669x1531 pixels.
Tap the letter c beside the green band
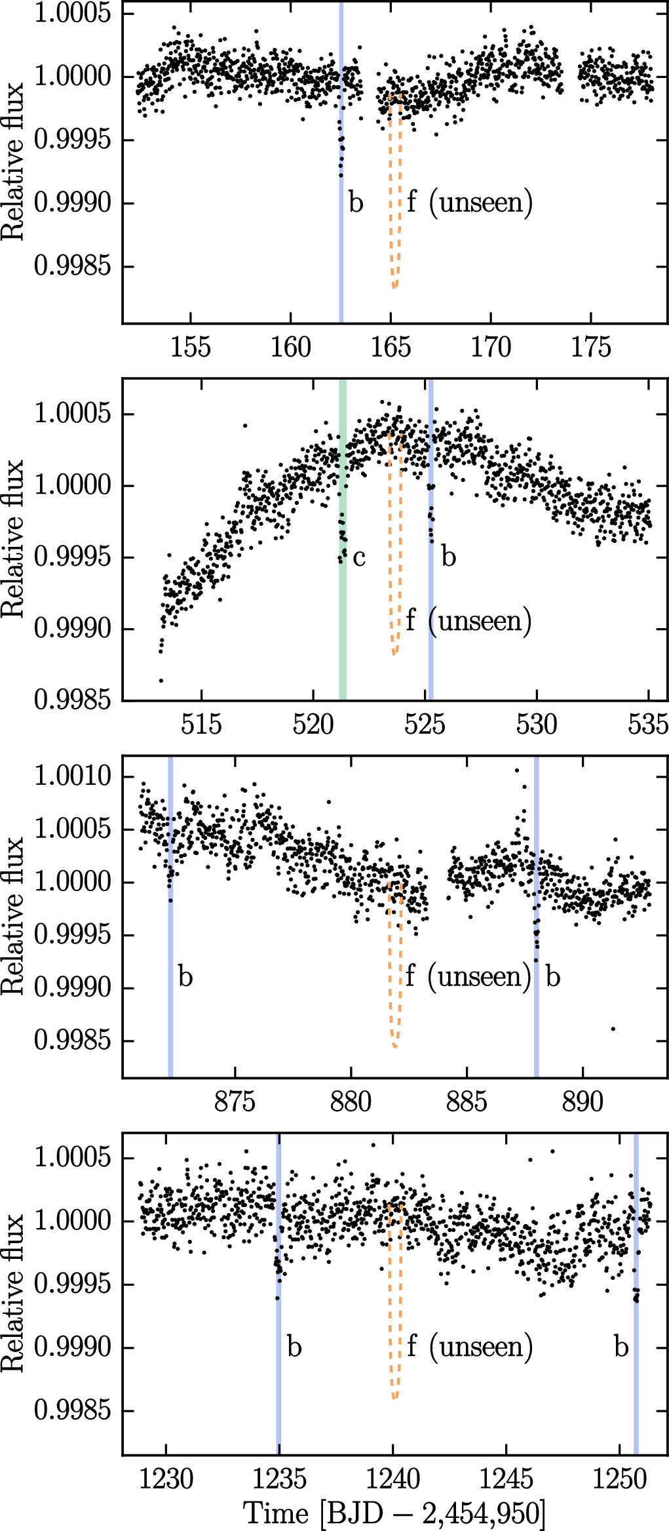(358, 557)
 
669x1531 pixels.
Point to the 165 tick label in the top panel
(391, 348)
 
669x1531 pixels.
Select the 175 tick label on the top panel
(591, 348)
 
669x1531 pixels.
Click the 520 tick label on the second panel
(313, 725)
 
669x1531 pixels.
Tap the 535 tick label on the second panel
(648, 725)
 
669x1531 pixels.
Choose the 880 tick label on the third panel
(351, 1102)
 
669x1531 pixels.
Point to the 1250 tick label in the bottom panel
(619, 1479)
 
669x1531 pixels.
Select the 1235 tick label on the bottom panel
(279, 1479)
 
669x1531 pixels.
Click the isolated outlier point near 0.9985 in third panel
(613, 1029)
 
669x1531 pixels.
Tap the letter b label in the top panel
(356, 203)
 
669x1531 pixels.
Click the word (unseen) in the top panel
(480, 203)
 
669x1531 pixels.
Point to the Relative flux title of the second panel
(12, 539)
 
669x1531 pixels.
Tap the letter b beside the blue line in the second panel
(448, 557)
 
